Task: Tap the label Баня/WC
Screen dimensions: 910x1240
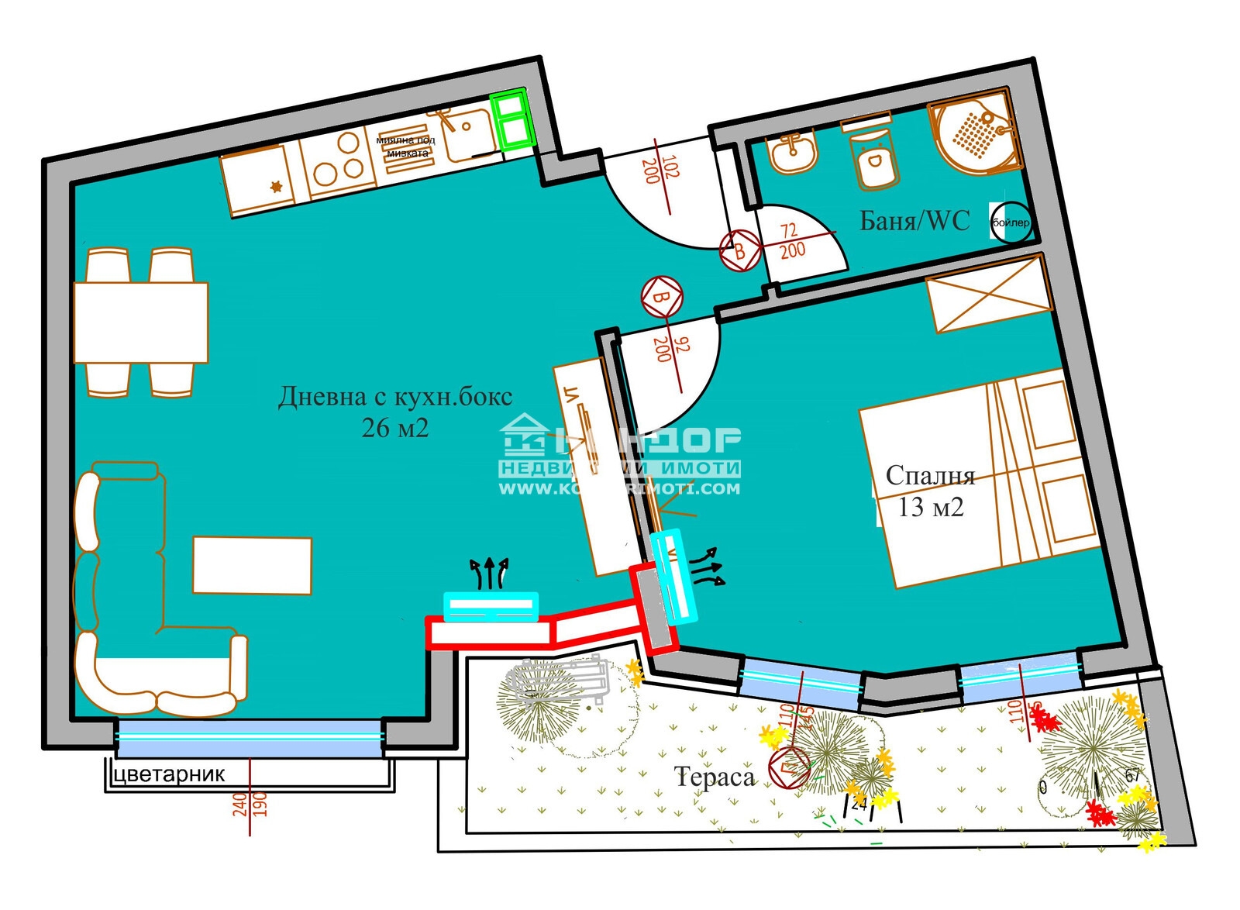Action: pos(914,221)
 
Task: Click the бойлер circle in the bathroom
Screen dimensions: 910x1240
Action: pos(1011,222)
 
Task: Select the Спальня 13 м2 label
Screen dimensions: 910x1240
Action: pos(930,491)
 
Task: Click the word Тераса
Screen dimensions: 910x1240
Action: pos(715,777)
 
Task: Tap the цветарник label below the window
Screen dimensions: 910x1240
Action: pos(169,774)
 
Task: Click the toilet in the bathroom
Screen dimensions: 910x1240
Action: pos(875,160)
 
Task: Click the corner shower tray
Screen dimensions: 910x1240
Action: pos(977,134)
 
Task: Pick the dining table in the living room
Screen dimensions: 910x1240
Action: pos(141,322)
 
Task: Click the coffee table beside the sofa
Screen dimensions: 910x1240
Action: pos(252,566)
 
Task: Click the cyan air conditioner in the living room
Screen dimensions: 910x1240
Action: pos(491,606)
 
